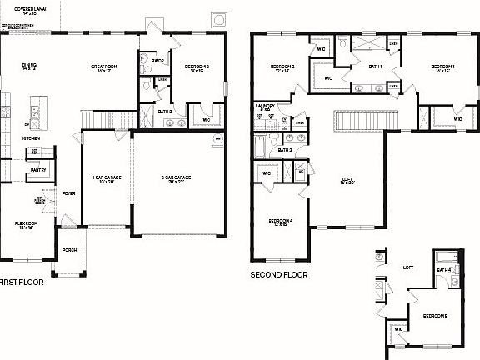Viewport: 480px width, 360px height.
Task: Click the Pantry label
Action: click(x=37, y=170)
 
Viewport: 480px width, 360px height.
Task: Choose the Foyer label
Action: click(x=68, y=193)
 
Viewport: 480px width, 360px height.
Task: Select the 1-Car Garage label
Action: click(x=106, y=178)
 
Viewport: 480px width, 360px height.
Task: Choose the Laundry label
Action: click(x=265, y=107)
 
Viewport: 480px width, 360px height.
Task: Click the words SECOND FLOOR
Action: click(x=279, y=274)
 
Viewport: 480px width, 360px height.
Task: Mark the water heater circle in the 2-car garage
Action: click(x=218, y=138)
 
